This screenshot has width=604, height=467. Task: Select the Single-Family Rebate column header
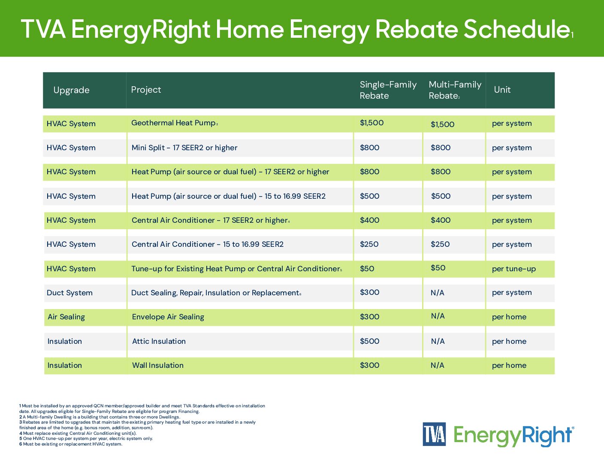pyautogui.click(x=388, y=90)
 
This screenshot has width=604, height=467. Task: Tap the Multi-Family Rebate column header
pyautogui.click(x=455, y=90)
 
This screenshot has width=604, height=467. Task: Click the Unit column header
pyautogui.click(x=502, y=90)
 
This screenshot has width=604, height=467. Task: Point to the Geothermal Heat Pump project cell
pyautogui.click(x=173, y=123)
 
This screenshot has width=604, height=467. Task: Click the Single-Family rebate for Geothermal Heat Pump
pyautogui.click(x=371, y=123)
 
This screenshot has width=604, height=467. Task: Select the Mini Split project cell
pyautogui.click(x=184, y=148)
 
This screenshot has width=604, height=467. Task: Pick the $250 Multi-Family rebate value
pyautogui.click(x=440, y=244)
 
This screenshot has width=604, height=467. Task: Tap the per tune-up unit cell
pyautogui.click(x=513, y=269)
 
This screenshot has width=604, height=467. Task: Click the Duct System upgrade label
pyautogui.click(x=69, y=293)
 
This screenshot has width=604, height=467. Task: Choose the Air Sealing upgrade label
pyautogui.click(x=66, y=317)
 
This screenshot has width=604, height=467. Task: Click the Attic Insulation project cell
pyautogui.click(x=159, y=341)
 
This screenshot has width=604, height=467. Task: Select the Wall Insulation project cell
pyautogui.click(x=157, y=365)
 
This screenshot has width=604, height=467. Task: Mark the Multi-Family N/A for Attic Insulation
pyautogui.click(x=438, y=341)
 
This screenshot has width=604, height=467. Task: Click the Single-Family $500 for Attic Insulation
pyautogui.click(x=369, y=341)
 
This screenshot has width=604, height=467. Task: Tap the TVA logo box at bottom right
pyautogui.click(x=434, y=434)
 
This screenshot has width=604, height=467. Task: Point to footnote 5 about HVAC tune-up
pyautogui.click(x=86, y=439)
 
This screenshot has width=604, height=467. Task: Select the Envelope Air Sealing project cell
pyautogui.click(x=168, y=317)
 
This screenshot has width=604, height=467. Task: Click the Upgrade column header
pyautogui.click(x=71, y=90)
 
